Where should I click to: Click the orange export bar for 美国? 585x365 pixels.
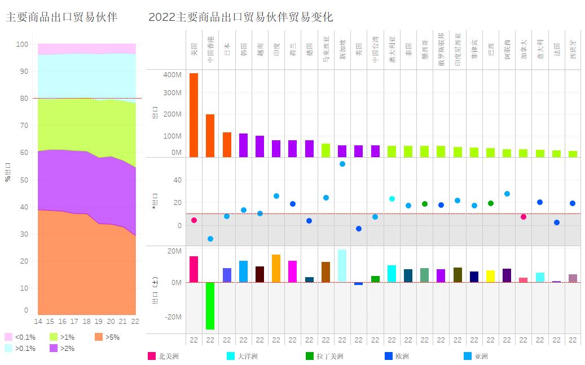pos(193,115)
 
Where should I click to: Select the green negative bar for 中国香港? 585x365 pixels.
pos(210,305)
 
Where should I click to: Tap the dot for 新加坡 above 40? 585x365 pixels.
pos(342,164)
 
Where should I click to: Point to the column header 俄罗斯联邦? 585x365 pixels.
pos(441,50)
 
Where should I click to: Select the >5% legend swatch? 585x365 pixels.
pos(99,337)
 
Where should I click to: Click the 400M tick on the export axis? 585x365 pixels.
pos(173,75)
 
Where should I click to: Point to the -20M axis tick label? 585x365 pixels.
pos(173,317)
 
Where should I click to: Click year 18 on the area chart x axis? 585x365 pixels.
pos(86,321)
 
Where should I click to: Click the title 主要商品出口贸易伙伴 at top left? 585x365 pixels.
pos(61,17)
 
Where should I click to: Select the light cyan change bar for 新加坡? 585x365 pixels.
pos(342,266)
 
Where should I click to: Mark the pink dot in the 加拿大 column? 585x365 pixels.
pos(524,217)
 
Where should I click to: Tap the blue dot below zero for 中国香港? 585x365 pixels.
pos(210,239)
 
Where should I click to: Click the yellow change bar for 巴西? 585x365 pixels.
pos(491,276)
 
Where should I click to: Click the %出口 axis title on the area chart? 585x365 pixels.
pos(8,171)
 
